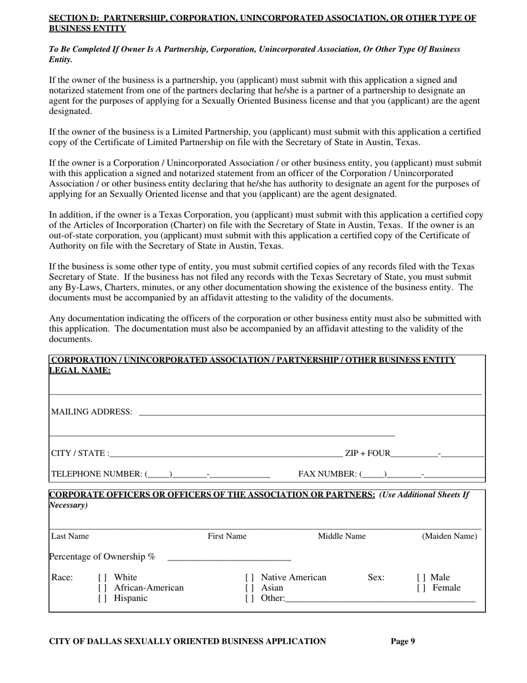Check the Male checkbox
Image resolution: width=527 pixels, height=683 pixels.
420,578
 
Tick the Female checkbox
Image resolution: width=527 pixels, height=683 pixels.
420,588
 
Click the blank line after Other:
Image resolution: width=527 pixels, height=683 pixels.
380,599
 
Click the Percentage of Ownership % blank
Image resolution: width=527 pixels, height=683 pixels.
229,556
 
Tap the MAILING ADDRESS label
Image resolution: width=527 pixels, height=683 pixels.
92,412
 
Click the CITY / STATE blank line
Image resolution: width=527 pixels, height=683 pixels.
225,454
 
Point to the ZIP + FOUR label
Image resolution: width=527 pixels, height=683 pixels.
367,454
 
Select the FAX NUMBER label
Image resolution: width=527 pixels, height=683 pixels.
328,474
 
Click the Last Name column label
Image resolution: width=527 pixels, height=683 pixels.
70,536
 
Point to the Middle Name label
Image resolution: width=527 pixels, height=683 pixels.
341,536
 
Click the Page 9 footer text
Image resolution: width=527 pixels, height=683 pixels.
403,641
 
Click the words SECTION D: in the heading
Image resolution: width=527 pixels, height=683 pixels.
74,18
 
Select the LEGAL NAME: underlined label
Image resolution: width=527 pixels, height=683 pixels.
80,371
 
